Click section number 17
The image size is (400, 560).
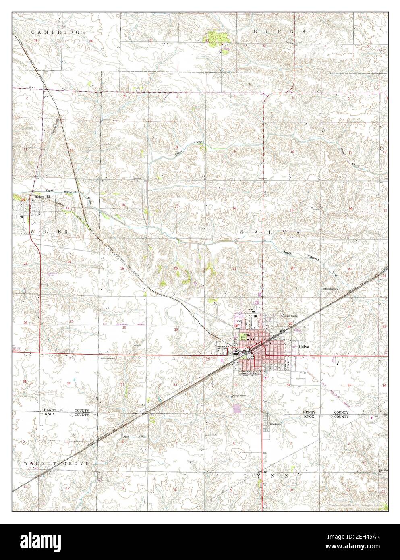(176, 207)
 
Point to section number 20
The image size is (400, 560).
(176, 268)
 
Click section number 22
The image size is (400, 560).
(292, 268)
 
